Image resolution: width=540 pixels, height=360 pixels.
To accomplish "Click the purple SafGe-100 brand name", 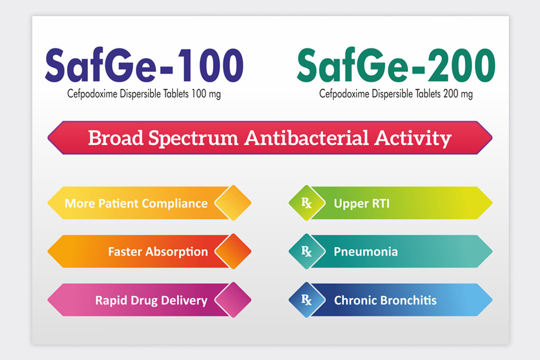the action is click(144, 66).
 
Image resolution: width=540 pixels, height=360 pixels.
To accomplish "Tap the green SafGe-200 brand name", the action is click(396, 66).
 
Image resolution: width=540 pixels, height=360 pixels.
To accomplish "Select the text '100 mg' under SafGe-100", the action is click(206, 94).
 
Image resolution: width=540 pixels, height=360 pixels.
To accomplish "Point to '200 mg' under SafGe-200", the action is click(458, 94).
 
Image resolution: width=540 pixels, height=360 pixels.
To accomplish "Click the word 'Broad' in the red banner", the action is click(115, 138).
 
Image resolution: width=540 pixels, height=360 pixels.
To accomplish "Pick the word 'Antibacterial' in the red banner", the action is click(307, 138).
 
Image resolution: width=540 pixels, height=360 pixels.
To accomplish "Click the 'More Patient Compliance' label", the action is click(136, 204).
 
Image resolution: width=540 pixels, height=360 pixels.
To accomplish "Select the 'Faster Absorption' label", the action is click(158, 251).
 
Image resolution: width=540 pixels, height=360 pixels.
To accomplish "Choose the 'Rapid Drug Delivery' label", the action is click(151, 300).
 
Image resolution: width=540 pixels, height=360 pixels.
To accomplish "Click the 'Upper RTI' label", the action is click(362, 204).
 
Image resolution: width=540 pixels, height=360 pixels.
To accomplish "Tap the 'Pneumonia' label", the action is click(366, 251).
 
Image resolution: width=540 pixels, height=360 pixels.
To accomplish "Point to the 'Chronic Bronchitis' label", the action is click(385, 300).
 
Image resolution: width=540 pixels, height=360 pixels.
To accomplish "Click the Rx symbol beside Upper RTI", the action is click(307, 203).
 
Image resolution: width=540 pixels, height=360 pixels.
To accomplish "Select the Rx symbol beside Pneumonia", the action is click(307, 251).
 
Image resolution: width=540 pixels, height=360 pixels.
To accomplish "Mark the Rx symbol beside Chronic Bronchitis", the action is click(307, 300).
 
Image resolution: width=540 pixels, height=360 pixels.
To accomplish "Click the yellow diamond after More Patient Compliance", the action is click(233, 203).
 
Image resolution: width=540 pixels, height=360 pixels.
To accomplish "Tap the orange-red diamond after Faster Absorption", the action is click(233, 251).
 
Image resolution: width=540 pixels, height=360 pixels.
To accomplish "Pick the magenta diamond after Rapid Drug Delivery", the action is click(233, 300).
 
